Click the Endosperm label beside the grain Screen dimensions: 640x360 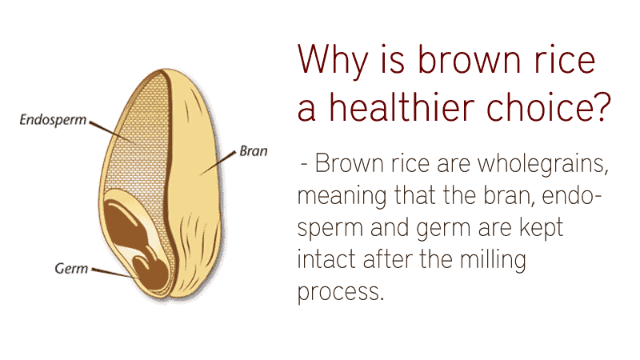click(x=53, y=120)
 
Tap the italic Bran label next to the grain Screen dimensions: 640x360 click(x=254, y=151)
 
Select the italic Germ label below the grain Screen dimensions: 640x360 click(x=71, y=268)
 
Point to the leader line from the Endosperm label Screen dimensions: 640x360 click(x=111, y=132)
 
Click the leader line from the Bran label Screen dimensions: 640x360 click(x=218, y=163)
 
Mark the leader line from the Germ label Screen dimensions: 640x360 click(x=114, y=274)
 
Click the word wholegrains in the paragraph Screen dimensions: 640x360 click(x=543, y=165)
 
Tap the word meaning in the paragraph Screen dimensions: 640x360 click(x=342, y=197)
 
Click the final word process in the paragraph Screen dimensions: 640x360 click(x=341, y=293)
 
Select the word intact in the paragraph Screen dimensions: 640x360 click(x=326, y=259)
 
